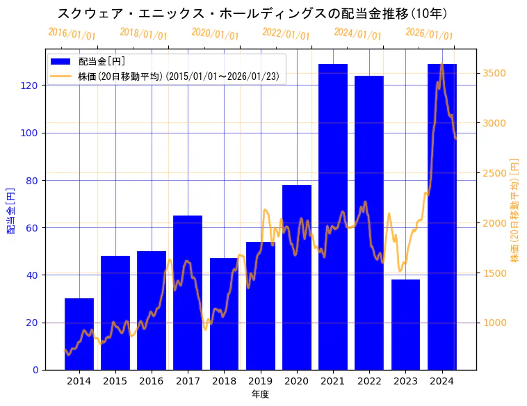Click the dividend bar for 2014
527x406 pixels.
click(x=79, y=334)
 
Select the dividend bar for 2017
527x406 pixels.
click(x=188, y=292)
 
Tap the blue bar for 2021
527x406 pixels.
click(x=333, y=216)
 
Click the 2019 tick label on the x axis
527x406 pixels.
click(x=260, y=380)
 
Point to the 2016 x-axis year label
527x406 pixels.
click(x=152, y=380)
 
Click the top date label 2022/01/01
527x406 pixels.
click(x=286, y=34)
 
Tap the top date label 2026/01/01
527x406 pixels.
click(x=429, y=34)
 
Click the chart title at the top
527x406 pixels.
click(x=252, y=13)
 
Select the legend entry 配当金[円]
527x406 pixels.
click(x=102, y=63)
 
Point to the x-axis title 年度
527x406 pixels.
click(x=260, y=393)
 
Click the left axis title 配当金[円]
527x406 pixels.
click(x=10, y=209)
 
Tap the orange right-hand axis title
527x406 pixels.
click(x=515, y=209)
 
